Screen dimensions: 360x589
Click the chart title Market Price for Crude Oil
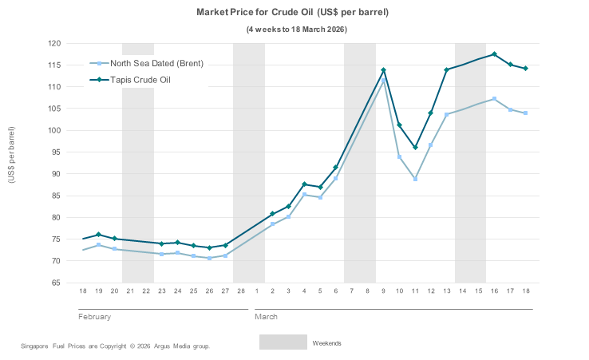click(292, 13)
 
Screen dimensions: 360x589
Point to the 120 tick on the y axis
click(54, 43)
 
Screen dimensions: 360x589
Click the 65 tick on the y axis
click(56, 283)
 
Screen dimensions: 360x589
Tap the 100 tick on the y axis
click(54, 130)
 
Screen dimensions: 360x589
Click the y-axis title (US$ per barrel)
click(11, 156)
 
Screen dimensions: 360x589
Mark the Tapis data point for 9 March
click(383, 70)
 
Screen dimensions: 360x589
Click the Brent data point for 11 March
click(415, 179)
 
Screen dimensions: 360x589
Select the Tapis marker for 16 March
click(495, 54)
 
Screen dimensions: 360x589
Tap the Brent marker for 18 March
click(526, 113)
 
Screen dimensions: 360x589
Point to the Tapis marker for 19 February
click(98, 235)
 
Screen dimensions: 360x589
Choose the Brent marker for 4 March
click(304, 194)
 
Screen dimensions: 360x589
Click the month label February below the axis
click(94, 317)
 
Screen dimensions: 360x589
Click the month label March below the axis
click(266, 317)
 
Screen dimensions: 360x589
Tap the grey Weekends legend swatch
click(283, 342)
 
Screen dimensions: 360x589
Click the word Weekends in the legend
click(326, 343)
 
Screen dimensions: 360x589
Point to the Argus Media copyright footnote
click(115, 346)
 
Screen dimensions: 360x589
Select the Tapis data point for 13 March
click(447, 69)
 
